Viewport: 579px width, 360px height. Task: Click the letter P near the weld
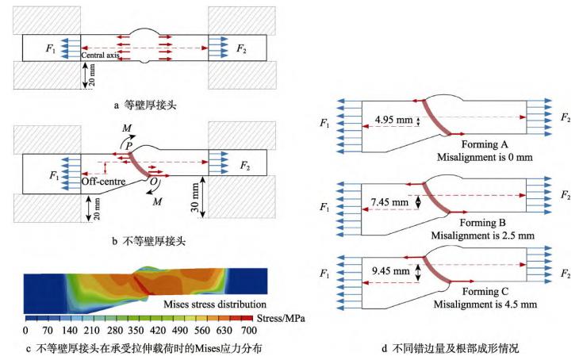tap(127, 145)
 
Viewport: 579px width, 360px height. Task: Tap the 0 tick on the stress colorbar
tap(25, 329)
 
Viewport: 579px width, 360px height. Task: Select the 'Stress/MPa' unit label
tap(282, 317)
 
